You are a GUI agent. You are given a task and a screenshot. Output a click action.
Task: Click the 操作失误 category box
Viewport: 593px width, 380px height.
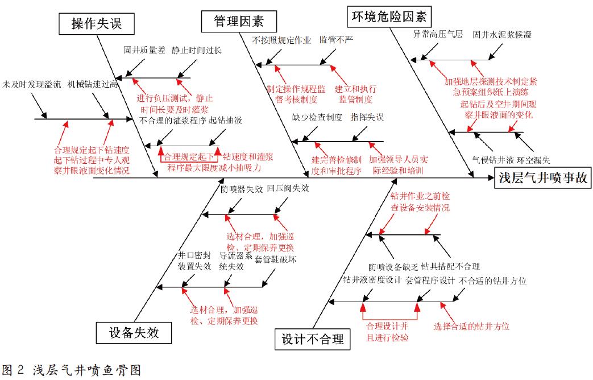pos(97,24)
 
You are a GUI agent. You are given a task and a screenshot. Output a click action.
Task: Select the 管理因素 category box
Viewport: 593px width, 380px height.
pos(238,22)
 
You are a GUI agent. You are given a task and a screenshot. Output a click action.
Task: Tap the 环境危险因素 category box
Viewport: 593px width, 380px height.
pos(389,15)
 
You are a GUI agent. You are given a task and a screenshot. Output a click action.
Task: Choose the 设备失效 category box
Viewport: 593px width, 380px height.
pos(134,333)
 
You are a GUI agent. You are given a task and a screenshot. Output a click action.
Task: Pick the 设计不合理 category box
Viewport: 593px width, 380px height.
pos(313,340)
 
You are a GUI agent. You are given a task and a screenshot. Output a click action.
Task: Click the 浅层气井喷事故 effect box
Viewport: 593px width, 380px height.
pos(542,178)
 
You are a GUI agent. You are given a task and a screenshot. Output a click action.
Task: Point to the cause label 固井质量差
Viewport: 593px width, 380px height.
pos(144,50)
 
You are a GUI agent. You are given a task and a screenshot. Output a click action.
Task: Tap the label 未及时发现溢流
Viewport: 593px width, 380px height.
pos(31,84)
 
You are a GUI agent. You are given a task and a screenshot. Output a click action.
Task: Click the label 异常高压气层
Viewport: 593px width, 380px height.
pos(438,34)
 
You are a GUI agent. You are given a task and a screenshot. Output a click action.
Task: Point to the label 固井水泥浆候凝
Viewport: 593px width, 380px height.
pos(503,34)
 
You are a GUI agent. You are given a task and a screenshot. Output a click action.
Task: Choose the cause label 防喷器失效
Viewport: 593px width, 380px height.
pos(242,188)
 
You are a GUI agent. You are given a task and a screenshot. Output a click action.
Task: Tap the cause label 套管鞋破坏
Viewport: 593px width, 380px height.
pos(276,259)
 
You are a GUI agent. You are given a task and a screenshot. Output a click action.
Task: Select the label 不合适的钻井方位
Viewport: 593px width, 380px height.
pos(493,280)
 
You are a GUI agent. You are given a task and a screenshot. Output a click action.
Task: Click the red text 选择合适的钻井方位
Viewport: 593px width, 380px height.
pos(471,327)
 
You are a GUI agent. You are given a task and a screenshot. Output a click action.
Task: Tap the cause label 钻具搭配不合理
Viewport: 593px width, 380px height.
pos(451,266)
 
